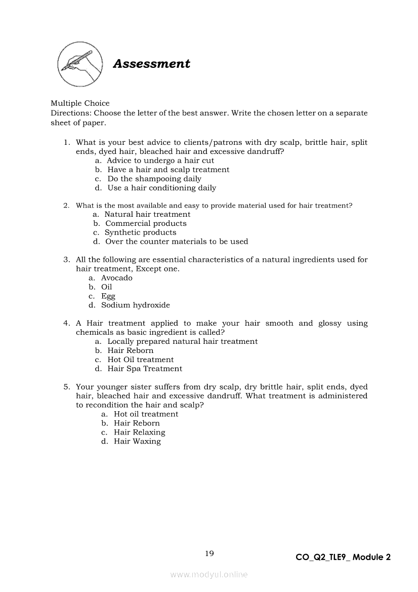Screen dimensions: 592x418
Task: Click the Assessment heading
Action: click(x=151, y=64)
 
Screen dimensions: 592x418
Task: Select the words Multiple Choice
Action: click(x=80, y=103)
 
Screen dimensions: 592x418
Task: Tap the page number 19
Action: click(x=210, y=554)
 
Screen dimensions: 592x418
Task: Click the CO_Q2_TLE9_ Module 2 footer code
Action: click(x=343, y=557)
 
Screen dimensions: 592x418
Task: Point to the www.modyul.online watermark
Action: click(x=209, y=574)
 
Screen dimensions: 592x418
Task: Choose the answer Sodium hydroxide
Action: click(x=135, y=305)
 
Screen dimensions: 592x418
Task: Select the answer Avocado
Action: click(x=116, y=278)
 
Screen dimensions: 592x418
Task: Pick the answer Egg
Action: click(x=108, y=296)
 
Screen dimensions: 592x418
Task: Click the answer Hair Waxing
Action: click(x=137, y=442)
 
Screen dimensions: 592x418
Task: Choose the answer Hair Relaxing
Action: click(x=139, y=432)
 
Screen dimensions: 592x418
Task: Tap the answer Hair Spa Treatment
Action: click(x=145, y=369)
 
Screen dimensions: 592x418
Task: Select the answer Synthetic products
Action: click(x=140, y=232)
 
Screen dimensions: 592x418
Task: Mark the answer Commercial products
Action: click(x=146, y=223)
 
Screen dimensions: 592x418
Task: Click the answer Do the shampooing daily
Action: click(x=154, y=179)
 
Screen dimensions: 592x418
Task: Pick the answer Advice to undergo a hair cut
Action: click(x=160, y=161)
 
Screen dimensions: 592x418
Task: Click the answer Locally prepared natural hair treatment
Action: click(x=182, y=341)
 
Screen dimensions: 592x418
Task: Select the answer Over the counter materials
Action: click(x=177, y=242)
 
